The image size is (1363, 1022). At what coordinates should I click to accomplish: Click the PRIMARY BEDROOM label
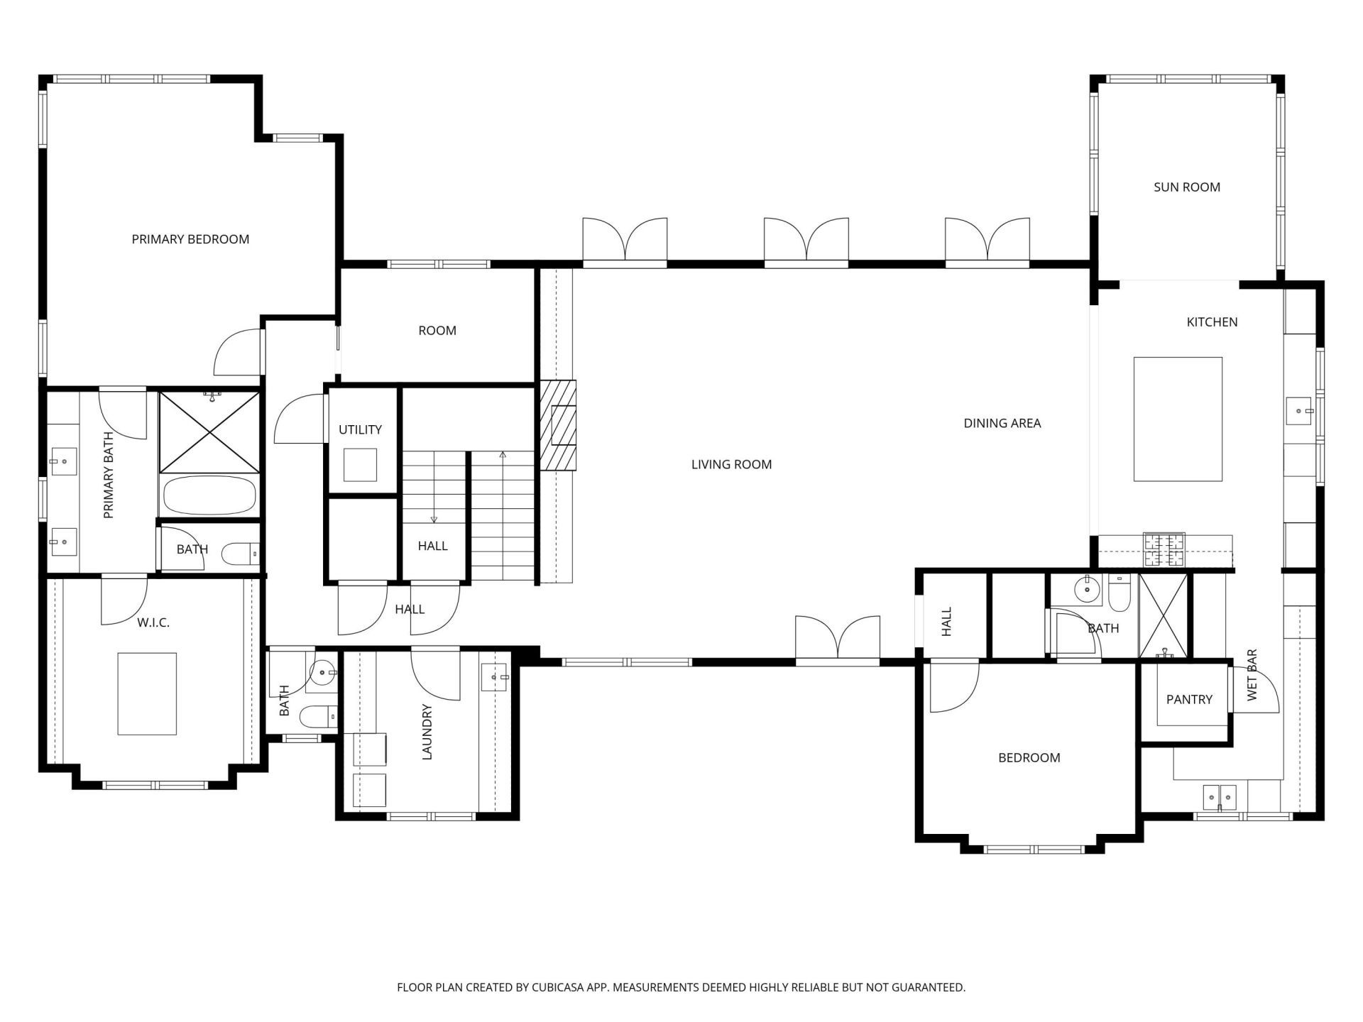pos(190,239)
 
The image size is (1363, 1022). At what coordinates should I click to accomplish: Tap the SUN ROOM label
pos(1187,187)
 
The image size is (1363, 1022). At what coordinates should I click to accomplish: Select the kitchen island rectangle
pos(1178,419)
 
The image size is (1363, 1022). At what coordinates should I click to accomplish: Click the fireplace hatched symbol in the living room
pos(558,425)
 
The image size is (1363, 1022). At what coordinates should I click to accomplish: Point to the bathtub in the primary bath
pos(209,495)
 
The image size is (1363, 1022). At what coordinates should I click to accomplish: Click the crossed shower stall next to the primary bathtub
pos(209,432)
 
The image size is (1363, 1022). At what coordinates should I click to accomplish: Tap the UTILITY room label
pos(360,429)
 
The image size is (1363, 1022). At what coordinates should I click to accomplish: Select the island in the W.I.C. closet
pos(147,693)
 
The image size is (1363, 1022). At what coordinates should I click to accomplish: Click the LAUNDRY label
pos(427,732)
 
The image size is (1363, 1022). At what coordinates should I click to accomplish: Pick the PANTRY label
pos(1189,699)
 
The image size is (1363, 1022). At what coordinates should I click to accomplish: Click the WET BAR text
pos(1252,674)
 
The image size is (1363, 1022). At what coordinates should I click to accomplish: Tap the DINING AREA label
pos(1002,423)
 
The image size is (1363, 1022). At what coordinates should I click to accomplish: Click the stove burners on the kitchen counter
pos(1164,550)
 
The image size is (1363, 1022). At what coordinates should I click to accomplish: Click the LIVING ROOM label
pos(731,464)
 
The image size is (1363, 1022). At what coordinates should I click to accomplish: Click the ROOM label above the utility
pos(437,330)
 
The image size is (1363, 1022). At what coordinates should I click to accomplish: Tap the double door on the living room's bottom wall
pos(838,639)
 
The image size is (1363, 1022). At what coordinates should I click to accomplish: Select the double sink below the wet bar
pos(1220,797)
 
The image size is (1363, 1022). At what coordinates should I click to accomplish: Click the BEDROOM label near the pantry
pos(1029,757)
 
